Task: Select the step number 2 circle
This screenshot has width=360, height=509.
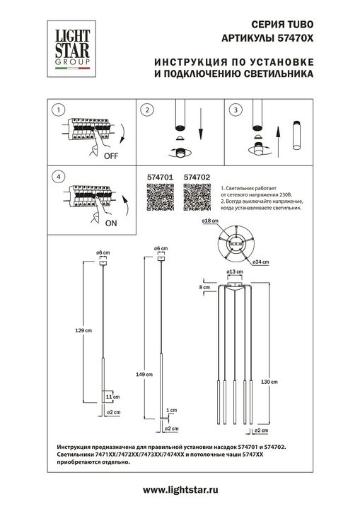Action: pos(146,110)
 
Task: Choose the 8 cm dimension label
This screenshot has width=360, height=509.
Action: pos(205,288)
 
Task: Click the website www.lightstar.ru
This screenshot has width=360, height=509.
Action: pos(180,489)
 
